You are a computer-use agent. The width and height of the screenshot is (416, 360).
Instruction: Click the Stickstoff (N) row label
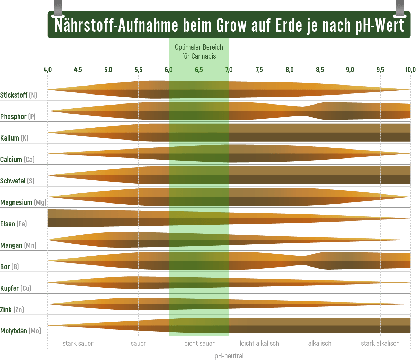tap(18, 95)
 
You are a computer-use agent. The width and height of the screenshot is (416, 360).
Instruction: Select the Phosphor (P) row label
tap(18, 116)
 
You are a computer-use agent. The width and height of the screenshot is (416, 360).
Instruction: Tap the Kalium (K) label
tap(14, 138)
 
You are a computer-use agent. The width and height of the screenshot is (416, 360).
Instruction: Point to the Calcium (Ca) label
tap(17, 159)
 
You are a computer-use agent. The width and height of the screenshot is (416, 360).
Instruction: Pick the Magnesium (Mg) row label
tap(23, 202)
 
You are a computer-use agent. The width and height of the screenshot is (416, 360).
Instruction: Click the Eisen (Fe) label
tap(13, 224)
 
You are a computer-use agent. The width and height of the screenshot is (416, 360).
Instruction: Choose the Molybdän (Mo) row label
tap(20, 331)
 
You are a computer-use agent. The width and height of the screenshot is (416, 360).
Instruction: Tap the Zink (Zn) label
tap(12, 309)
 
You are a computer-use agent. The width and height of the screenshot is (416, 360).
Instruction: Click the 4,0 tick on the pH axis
tap(47, 70)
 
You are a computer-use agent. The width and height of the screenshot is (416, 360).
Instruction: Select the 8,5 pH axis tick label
tap(320, 70)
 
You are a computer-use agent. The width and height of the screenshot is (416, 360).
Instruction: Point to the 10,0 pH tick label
tap(410, 70)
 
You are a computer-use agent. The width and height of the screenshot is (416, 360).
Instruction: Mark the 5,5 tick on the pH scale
tap(138, 70)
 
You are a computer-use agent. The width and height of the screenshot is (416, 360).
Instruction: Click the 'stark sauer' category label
tap(78, 343)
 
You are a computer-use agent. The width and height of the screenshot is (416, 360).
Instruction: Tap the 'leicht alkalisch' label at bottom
tap(259, 343)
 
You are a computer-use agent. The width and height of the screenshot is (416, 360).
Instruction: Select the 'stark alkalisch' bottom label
tap(380, 343)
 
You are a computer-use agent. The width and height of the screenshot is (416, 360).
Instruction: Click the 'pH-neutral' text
tap(229, 355)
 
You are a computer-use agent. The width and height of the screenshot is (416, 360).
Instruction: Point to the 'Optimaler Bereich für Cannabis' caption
tap(199, 52)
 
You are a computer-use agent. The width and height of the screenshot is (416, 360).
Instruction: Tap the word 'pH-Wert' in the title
tap(380, 25)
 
